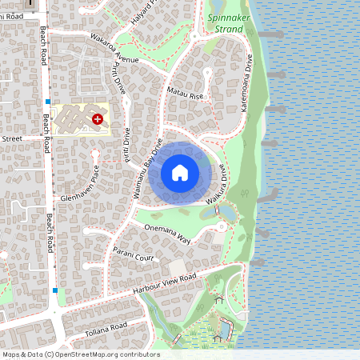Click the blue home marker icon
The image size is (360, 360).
(x=180, y=173)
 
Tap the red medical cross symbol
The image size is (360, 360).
(x=98, y=118)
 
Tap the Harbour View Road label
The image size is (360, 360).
(x=165, y=285)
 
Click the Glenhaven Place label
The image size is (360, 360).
(x=78, y=185)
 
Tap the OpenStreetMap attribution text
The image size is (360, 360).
(x=80, y=354)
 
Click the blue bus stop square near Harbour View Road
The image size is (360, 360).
(x=55, y=290)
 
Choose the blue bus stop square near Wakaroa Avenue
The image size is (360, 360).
(x=48, y=102)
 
